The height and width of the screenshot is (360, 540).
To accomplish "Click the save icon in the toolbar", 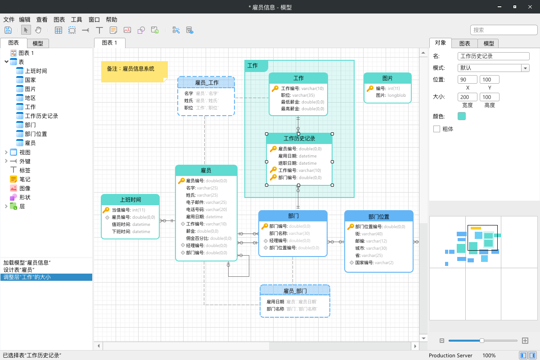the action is coord(8,30).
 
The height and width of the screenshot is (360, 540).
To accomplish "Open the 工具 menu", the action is coord(76,19).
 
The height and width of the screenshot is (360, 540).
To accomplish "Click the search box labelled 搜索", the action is coord(504,30).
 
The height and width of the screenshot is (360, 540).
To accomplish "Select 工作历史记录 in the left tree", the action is coord(41,116).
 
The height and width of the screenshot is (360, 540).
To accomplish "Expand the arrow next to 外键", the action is coord(6,161).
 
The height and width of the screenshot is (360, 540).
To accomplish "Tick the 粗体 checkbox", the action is coord(436,129).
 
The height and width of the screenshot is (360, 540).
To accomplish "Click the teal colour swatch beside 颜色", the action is coord(461,116).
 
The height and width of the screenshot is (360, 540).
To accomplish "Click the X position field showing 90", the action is coord(467,80).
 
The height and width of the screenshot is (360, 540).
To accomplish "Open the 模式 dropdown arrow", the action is coord(525,68).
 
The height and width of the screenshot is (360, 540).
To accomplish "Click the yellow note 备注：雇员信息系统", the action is coord(135,72).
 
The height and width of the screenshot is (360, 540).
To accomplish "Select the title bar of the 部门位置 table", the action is coord(379,216).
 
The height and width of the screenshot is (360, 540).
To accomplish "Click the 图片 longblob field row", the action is coord(391,95).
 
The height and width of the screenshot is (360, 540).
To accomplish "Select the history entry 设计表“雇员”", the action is coord(19,270).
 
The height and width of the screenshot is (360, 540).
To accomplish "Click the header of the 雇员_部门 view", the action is coord(295,291).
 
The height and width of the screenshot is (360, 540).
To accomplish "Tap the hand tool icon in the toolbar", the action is coord(38,30).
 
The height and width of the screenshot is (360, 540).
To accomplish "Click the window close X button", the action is coord(530,7).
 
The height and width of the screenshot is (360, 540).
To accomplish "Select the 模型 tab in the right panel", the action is coord(489,43).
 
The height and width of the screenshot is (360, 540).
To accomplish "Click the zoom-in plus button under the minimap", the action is coord(525,341).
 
